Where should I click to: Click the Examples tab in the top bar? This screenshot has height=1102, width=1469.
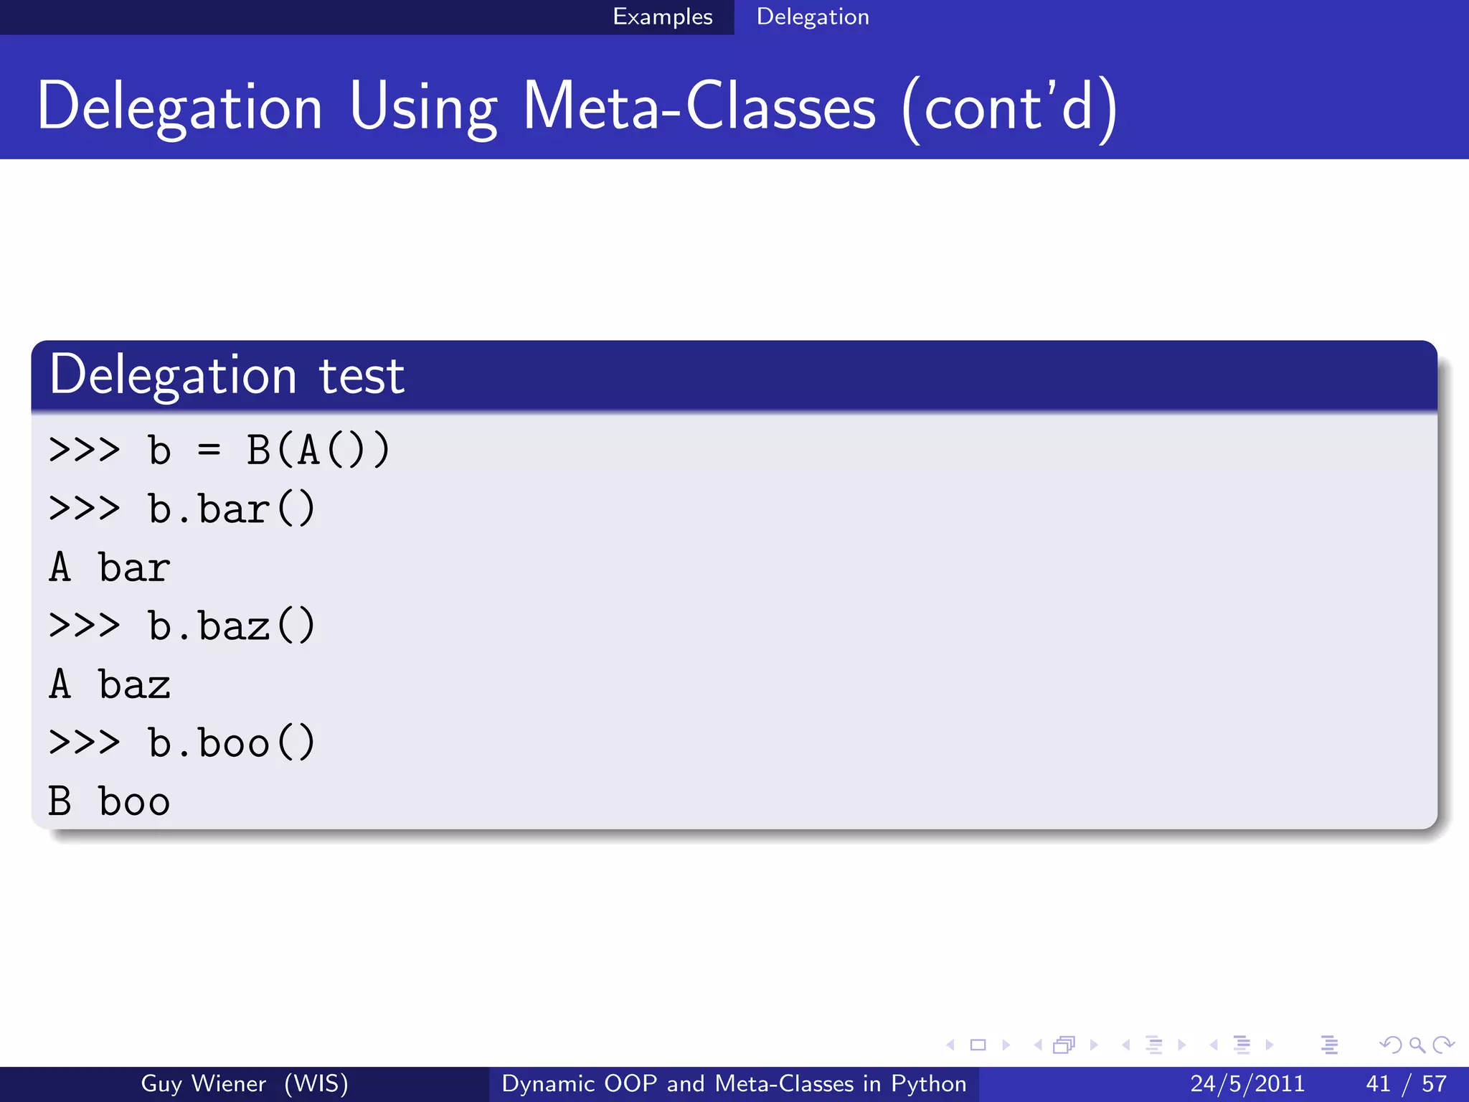click(662, 17)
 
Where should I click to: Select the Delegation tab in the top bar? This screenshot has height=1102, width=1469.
click(812, 17)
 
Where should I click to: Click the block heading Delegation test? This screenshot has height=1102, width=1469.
click(227, 375)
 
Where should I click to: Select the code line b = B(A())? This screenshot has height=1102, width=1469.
click(268, 451)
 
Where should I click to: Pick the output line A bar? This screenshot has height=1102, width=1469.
click(109, 568)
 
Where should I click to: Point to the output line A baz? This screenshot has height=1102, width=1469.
click(109, 685)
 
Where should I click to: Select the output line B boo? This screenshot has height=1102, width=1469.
click(109, 802)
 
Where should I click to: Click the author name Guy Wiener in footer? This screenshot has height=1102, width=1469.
click(203, 1083)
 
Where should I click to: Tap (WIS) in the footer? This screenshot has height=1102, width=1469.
click(316, 1083)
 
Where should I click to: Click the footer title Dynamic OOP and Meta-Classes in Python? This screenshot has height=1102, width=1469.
click(734, 1083)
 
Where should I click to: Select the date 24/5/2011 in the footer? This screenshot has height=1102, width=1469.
click(1247, 1083)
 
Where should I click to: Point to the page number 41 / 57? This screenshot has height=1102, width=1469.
click(1406, 1083)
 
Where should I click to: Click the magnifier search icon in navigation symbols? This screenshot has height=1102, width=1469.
click(1416, 1045)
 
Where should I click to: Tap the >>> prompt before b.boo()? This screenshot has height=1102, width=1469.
click(84, 743)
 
